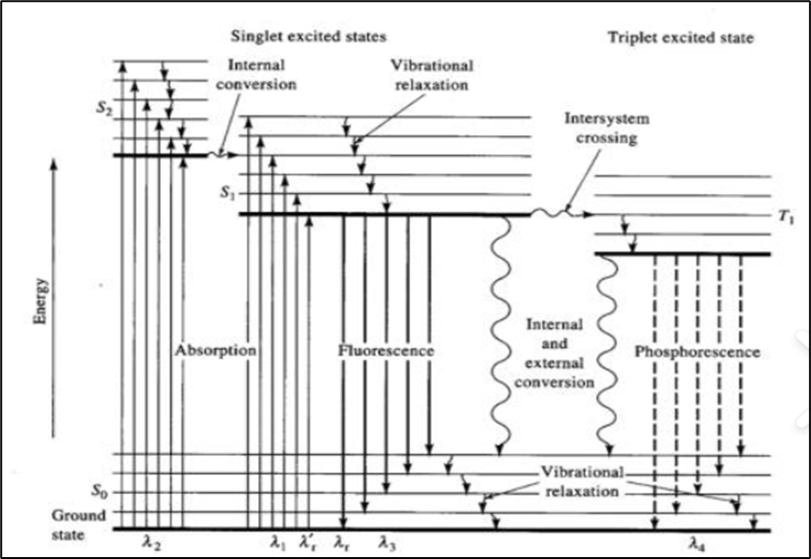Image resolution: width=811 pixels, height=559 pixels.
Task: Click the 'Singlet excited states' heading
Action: coord(308,37)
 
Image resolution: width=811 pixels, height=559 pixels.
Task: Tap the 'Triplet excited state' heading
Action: coord(680,38)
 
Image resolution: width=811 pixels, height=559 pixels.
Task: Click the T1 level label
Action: coord(786,216)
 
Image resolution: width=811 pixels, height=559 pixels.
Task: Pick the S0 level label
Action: coord(100,492)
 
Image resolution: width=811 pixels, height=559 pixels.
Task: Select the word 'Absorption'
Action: coord(216,351)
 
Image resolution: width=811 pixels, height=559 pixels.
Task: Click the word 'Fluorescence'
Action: coord(386,351)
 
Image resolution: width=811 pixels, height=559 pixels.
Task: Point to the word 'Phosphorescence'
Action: coord(698,352)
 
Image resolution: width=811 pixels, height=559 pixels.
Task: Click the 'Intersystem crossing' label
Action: coord(601,129)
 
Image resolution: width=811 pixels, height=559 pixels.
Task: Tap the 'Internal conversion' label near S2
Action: coord(263,75)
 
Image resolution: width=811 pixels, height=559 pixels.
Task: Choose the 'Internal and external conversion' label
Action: coord(561,354)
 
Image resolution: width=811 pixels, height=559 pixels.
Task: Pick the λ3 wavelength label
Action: coord(387,543)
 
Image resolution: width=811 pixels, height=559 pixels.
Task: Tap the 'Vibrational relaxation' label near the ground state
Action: coord(582,481)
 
